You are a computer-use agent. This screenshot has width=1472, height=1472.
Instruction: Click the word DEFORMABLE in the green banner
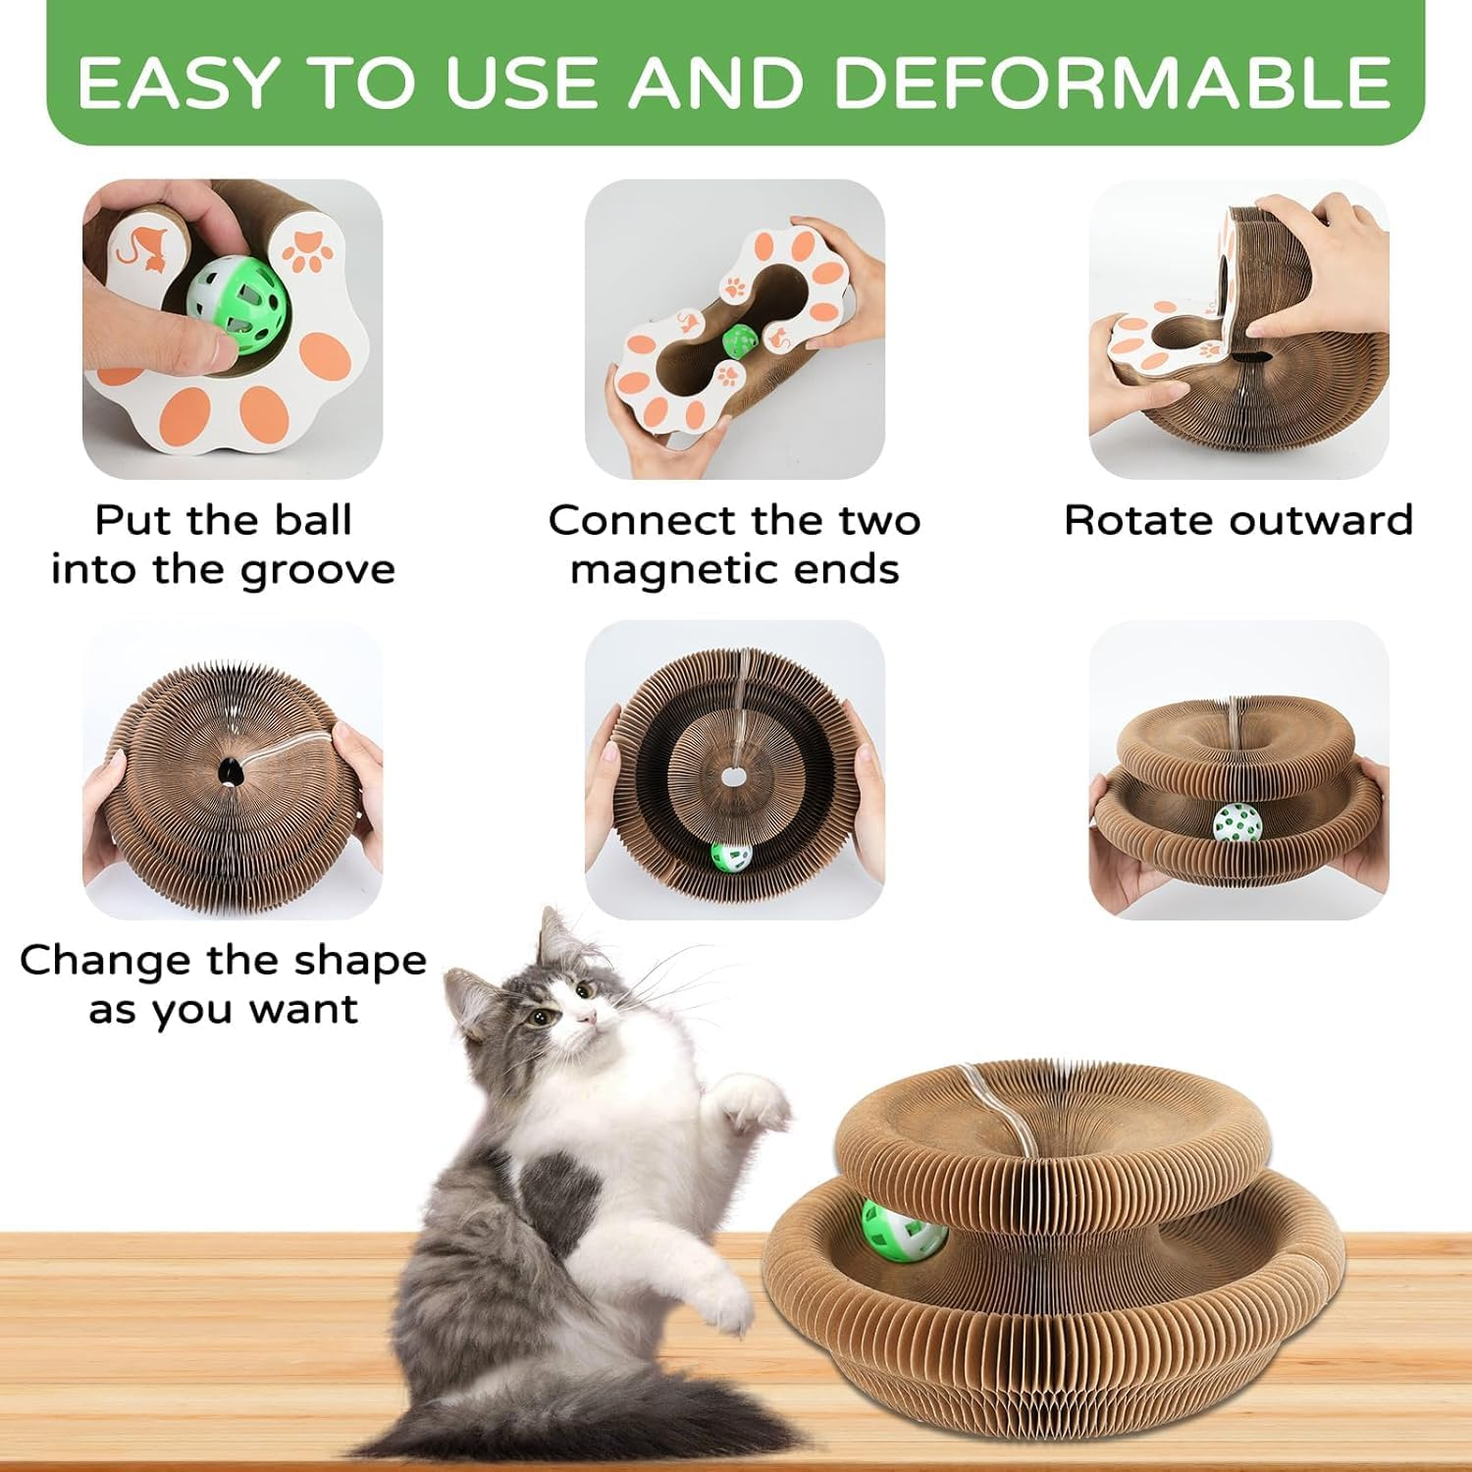1112,82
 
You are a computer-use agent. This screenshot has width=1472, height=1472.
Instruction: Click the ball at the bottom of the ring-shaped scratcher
731,856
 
